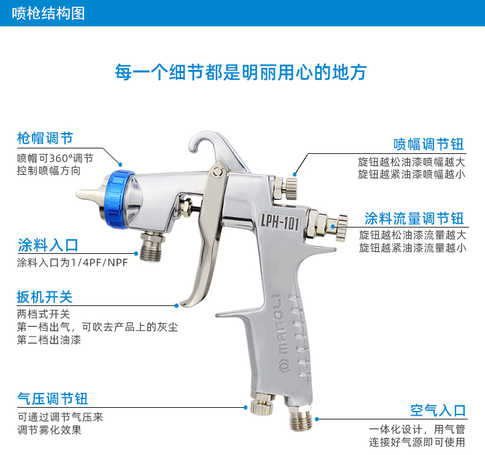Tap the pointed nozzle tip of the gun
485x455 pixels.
click(x=78, y=194)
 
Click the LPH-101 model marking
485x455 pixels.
click(x=280, y=222)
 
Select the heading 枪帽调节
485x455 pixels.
click(x=45, y=138)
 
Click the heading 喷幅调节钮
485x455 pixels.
click(x=429, y=144)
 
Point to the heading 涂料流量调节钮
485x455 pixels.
click(x=414, y=218)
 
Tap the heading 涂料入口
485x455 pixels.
click(x=48, y=245)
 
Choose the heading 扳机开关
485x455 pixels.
click(x=45, y=297)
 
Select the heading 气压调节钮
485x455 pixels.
click(x=53, y=399)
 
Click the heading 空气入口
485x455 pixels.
click(x=438, y=410)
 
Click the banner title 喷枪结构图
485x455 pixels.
click(x=49, y=13)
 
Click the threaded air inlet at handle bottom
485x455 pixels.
click(x=301, y=418)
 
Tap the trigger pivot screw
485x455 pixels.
click(x=218, y=171)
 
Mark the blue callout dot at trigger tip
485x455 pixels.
click(x=177, y=306)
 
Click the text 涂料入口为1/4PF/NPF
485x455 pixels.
click(x=72, y=262)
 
